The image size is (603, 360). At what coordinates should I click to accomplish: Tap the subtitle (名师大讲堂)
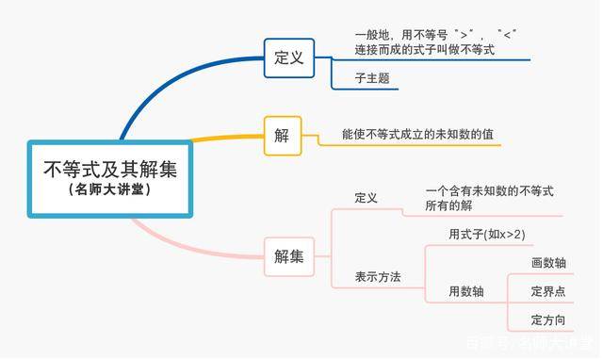[x=110, y=189]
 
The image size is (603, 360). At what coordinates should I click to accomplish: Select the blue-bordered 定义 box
[x=288, y=57]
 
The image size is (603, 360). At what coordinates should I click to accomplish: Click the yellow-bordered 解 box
[x=282, y=135]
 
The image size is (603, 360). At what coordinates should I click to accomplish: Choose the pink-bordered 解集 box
[x=288, y=255]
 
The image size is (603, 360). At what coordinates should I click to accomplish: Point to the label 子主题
[x=372, y=78]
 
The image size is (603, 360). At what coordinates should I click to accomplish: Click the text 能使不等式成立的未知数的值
[x=417, y=135]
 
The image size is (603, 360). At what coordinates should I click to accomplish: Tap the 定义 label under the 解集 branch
[x=366, y=198]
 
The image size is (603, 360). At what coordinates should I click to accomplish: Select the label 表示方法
[x=378, y=277]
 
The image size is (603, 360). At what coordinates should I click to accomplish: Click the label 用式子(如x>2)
[x=487, y=235]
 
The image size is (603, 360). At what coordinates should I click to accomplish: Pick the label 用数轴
[x=465, y=292]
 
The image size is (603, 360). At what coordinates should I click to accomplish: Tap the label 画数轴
[x=548, y=263]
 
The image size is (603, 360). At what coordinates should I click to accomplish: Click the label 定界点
[x=548, y=291]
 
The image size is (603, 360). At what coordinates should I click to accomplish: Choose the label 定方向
[x=548, y=320]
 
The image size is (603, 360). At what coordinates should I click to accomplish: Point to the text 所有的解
[x=448, y=205]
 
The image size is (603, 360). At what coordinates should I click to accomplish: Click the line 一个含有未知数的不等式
[x=489, y=190]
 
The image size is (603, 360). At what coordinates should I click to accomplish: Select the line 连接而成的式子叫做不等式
[x=424, y=49]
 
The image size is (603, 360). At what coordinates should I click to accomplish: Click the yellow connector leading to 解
[x=226, y=139]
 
